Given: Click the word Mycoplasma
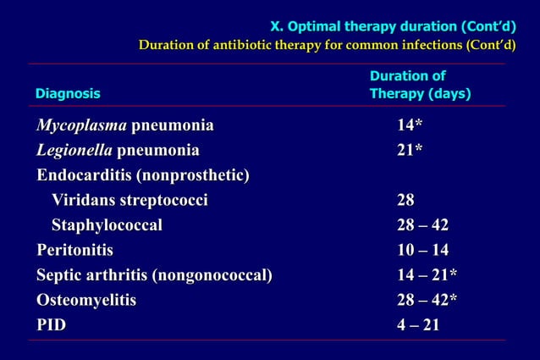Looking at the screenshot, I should click(81, 126).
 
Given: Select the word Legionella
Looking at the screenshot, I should click(74, 151).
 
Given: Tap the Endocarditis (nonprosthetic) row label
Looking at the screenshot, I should click(142, 175).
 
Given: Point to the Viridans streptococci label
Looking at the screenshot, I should click(129, 201).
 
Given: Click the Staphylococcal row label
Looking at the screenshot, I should click(107, 225).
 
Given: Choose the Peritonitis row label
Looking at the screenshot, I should click(74, 251).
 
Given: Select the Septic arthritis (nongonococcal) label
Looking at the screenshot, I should click(154, 275).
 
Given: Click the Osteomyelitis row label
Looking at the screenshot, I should click(85, 300).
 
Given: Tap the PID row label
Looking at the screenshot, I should click(51, 325).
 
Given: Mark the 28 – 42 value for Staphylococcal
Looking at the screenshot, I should click(422, 225).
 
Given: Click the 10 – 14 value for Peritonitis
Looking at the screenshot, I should click(422, 251).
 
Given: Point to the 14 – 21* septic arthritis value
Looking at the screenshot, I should click(427, 275).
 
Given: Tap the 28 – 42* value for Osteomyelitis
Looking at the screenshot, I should click(427, 300).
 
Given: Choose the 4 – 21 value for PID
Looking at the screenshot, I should click(418, 325).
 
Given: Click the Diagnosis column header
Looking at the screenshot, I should click(68, 94).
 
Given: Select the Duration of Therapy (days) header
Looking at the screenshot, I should click(420, 85).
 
